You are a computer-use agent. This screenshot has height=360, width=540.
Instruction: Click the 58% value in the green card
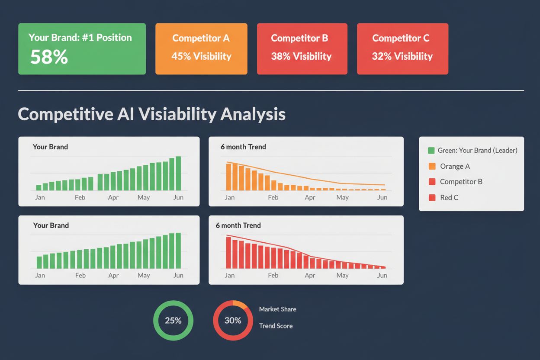[x=49, y=57]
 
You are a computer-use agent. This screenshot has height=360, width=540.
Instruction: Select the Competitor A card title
[x=201, y=38]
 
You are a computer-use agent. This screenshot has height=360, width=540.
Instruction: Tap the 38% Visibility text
[x=301, y=56]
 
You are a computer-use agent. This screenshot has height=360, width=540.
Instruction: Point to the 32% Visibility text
[x=402, y=56]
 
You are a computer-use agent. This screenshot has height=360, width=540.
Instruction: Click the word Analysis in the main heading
[x=253, y=114]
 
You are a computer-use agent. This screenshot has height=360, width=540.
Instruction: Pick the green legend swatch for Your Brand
[x=431, y=151]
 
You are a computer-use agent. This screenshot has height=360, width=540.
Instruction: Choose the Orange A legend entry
[x=455, y=166]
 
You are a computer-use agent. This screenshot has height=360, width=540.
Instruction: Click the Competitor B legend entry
[x=461, y=182]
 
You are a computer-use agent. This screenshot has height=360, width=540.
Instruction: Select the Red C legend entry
[x=449, y=197]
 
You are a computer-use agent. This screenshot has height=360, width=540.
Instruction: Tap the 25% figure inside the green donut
[x=173, y=321]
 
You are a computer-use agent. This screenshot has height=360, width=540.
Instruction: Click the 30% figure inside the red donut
[x=233, y=321]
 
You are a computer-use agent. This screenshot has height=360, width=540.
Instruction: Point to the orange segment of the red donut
[x=240, y=303]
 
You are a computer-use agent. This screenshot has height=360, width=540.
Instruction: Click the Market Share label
[x=277, y=309]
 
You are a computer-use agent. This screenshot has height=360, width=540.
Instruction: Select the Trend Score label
[x=276, y=326]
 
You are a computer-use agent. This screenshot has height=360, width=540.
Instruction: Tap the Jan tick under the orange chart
[x=230, y=197]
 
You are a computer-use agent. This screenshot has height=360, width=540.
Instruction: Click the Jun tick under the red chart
[x=382, y=275]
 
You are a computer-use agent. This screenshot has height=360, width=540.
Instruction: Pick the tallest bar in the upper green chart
[x=178, y=173]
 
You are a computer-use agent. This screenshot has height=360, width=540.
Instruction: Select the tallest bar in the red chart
[x=228, y=252]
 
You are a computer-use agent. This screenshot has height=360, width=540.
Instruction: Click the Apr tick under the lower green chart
[x=113, y=275]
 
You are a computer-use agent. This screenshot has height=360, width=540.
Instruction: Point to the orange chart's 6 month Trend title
[x=243, y=147]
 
